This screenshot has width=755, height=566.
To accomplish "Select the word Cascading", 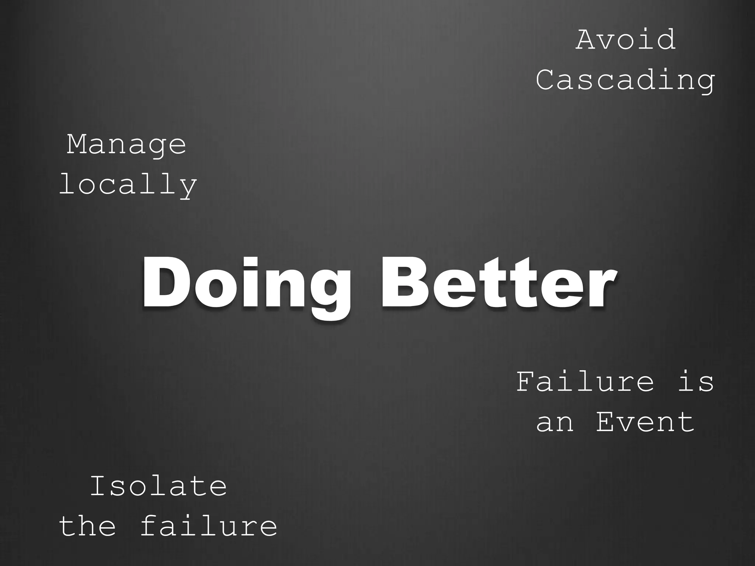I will (625, 80).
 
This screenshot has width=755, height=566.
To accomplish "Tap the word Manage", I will (126, 145).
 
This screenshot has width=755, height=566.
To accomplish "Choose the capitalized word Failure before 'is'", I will (585, 382).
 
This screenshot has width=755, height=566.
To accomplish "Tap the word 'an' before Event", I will (555, 422).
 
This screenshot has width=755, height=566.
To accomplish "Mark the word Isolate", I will (158, 486).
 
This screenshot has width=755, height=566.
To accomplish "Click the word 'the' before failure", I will (87, 526).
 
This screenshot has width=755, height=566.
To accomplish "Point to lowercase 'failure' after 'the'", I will (208, 526).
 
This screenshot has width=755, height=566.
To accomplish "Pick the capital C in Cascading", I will (547, 80).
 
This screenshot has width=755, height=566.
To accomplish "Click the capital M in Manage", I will (77, 144).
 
